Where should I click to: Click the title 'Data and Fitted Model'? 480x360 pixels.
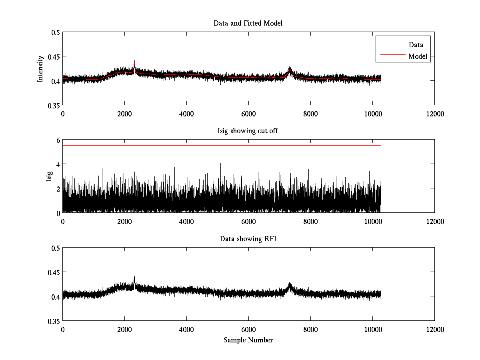click(x=248, y=23)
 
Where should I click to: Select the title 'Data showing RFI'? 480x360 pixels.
click(x=248, y=239)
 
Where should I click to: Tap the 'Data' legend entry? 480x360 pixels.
click(x=416, y=45)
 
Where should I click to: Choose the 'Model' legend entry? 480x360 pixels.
click(x=418, y=56)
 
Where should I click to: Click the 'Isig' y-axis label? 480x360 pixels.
click(x=49, y=176)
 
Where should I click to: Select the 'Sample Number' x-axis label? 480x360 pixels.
click(x=248, y=340)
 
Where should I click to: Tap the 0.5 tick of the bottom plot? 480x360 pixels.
click(x=56, y=248)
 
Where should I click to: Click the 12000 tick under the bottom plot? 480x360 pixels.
click(x=434, y=330)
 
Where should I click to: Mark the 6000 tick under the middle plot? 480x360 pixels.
click(x=248, y=222)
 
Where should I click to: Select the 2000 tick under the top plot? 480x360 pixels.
click(x=124, y=114)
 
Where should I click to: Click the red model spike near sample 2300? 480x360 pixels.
click(x=134, y=62)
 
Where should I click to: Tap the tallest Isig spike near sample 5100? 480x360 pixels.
click(x=220, y=164)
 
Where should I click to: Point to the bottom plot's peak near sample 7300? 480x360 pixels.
click(x=290, y=284)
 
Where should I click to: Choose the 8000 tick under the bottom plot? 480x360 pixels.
click(x=310, y=330)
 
